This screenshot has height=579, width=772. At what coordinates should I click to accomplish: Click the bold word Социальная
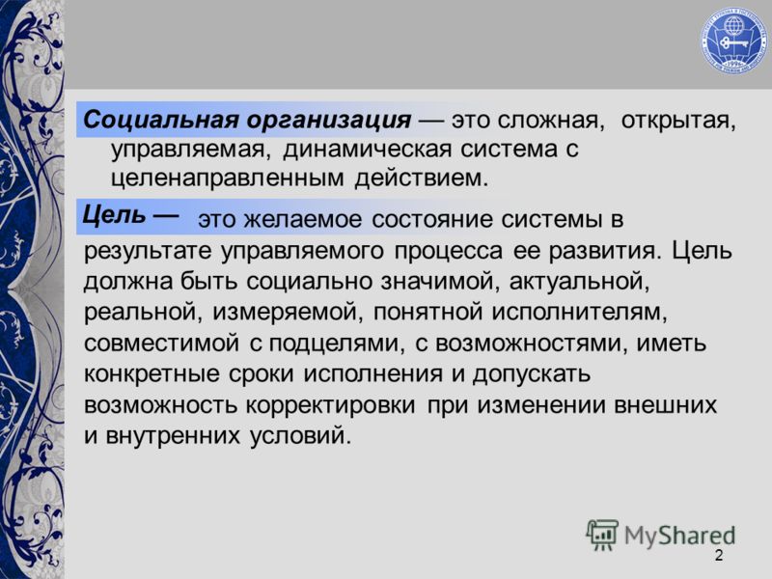[x=160, y=120]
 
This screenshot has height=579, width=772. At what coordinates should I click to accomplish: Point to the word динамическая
[x=368, y=149]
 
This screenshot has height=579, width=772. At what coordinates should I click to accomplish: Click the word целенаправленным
[x=227, y=179]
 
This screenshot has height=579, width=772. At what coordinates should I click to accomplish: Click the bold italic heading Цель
[x=114, y=215]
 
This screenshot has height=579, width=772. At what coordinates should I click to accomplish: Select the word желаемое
[x=302, y=219]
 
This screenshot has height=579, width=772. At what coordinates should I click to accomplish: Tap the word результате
[x=148, y=252]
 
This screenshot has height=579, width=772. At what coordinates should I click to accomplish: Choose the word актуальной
[x=580, y=283]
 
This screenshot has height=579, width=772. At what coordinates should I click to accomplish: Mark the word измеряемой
[x=288, y=314]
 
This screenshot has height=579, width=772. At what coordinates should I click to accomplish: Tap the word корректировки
[x=330, y=406]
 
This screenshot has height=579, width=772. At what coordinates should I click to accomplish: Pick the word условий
[x=300, y=435]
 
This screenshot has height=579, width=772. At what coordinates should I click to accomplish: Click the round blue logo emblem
[x=734, y=41]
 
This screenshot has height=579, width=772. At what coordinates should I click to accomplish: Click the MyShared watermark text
[x=679, y=537]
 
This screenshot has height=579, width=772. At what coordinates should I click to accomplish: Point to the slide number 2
[x=719, y=556]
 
